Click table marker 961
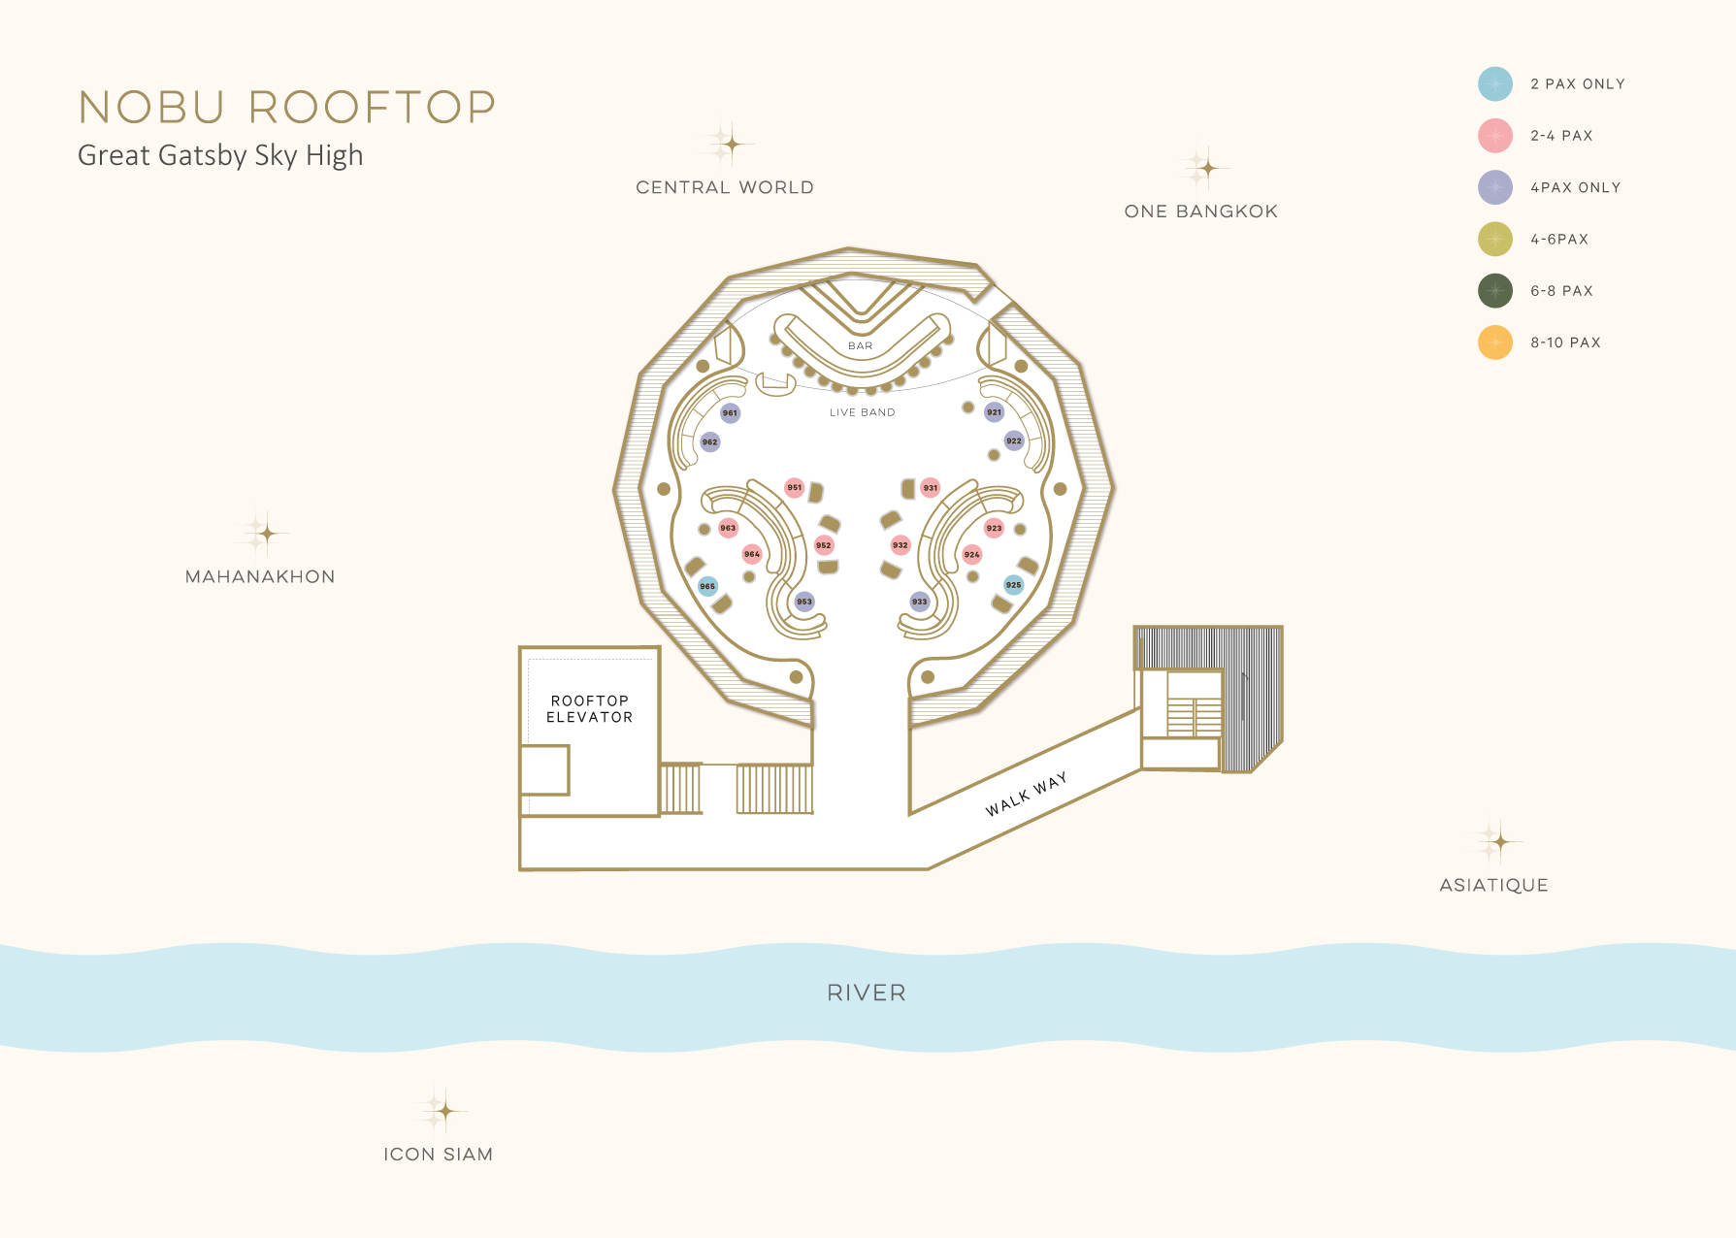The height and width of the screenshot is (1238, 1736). tap(730, 413)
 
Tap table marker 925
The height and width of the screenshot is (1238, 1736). tap(1013, 585)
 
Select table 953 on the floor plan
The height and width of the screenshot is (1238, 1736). tap(804, 602)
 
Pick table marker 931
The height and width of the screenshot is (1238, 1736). tap(931, 488)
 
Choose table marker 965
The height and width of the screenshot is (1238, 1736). tap(708, 586)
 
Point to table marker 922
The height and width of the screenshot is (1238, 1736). tap(1014, 440)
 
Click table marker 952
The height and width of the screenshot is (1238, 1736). tap(824, 545)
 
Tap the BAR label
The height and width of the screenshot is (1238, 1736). tap(861, 346)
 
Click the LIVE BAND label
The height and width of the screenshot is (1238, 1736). tap(862, 412)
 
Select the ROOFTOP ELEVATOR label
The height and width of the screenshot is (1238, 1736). tap(589, 709)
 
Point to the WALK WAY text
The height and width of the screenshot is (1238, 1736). tap(1026, 794)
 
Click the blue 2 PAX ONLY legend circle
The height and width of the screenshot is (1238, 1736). tap(1495, 84)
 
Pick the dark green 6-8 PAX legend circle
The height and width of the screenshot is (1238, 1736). tap(1495, 291)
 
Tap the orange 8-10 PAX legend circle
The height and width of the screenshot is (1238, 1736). tap(1495, 342)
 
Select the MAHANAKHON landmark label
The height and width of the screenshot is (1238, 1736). tap(260, 576)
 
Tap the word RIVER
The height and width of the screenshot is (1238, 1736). tap(867, 993)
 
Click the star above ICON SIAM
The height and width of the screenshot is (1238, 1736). tap(443, 1110)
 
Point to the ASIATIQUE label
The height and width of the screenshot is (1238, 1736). tap(1493, 885)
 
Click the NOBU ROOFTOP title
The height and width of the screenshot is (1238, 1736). tap(287, 108)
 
